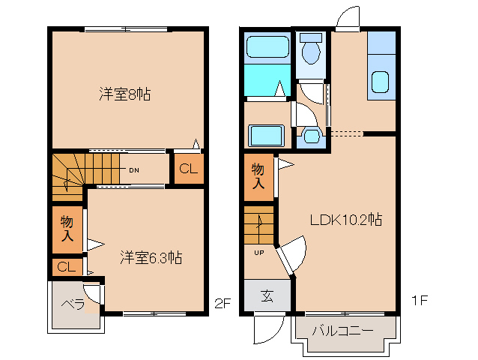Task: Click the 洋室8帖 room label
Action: click(124, 94)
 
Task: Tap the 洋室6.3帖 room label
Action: click(151, 257)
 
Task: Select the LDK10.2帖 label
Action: click(346, 219)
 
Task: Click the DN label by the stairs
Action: click(134, 170)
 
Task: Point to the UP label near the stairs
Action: click(259, 253)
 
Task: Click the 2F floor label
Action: click(223, 303)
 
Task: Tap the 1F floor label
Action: click(420, 301)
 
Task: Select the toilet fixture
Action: click(311, 49)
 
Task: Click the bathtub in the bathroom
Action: click(267, 47)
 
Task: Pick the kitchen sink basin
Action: click(380, 82)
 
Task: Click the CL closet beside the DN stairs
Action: click(189, 169)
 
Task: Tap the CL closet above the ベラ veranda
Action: click(67, 267)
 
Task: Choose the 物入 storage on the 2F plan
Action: click(67, 229)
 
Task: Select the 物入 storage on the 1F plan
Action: click(258, 177)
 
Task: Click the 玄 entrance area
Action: click(267, 295)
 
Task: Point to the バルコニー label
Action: click(342, 331)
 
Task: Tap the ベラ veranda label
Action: click(73, 304)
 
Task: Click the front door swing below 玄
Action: click(270, 329)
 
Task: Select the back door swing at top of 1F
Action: click(348, 18)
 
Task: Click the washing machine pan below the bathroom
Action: click(267, 136)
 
